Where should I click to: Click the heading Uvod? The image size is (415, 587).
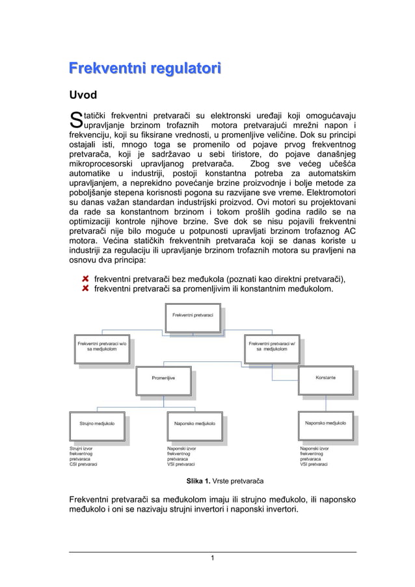coord(83,96)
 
